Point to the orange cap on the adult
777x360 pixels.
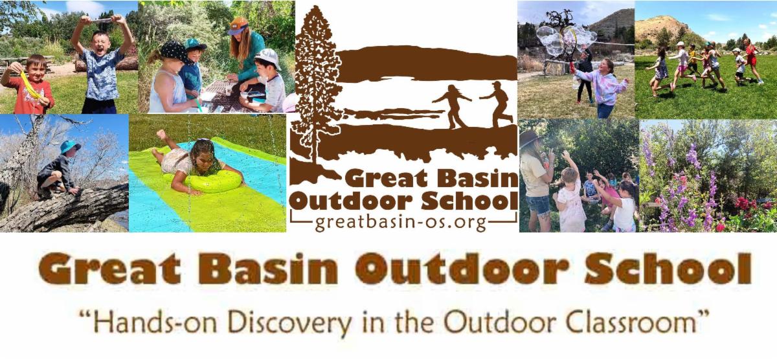(238, 27)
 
